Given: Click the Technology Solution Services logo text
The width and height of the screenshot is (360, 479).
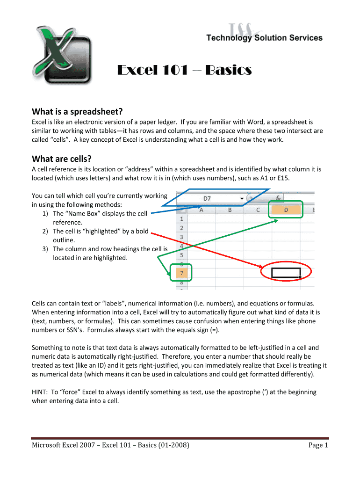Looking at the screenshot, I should tap(265, 38).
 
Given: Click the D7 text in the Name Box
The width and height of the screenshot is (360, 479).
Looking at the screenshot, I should tap(207, 198).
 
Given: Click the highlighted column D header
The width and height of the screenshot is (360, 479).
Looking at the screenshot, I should tap(286, 210).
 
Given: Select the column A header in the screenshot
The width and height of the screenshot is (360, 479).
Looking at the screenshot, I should tap(202, 210).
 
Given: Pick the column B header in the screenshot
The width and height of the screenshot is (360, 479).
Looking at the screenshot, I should tap(230, 210).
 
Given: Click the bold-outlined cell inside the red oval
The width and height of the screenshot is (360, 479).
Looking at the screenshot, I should tap(286, 272).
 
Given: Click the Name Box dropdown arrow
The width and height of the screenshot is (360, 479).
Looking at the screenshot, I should tap(242, 199).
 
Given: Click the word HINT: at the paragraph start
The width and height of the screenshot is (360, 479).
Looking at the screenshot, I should tap(40, 392).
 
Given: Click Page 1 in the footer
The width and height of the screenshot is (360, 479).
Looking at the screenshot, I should tap(318, 445).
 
